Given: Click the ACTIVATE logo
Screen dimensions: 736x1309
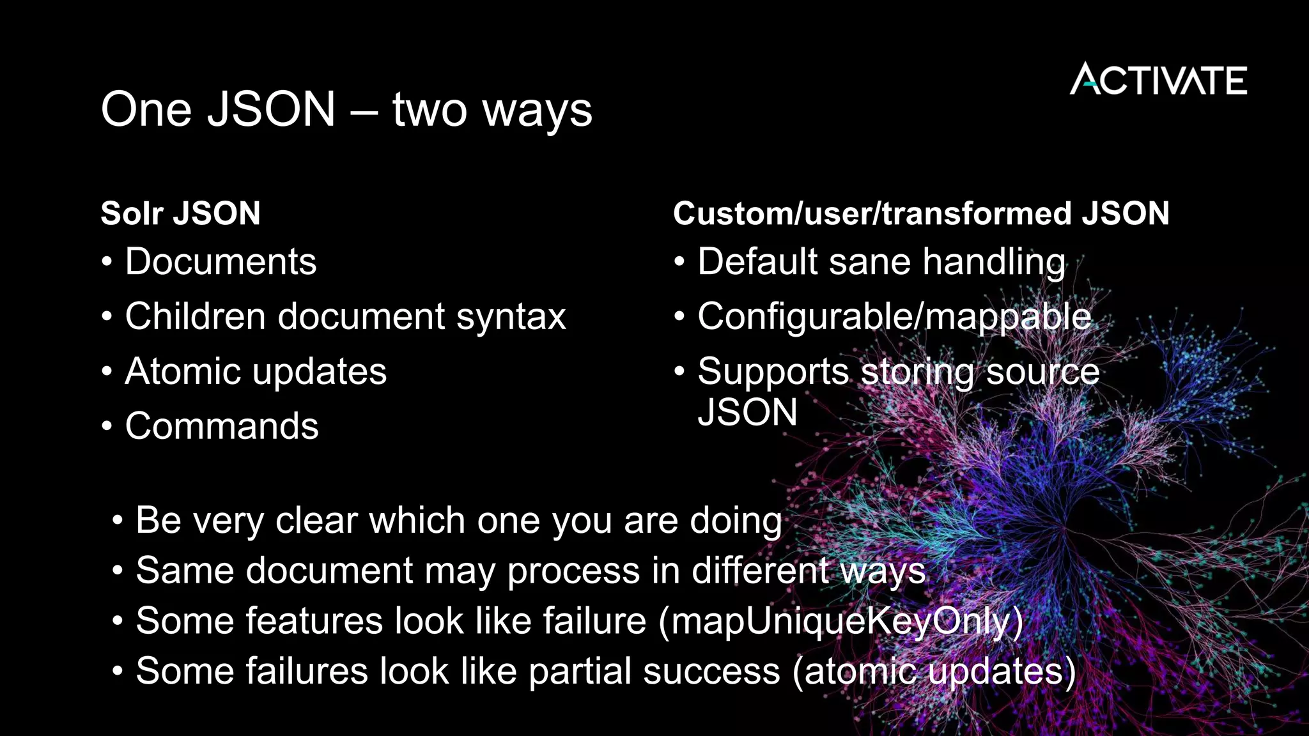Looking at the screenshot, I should pyautogui.click(x=1158, y=79).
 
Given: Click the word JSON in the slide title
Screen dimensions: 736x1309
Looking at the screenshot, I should pyautogui.click(x=272, y=109).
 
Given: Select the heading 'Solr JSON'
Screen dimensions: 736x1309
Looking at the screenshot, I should pyautogui.click(x=180, y=213).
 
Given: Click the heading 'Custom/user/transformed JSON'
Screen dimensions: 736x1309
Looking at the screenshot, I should pyautogui.click(x=920, y=213).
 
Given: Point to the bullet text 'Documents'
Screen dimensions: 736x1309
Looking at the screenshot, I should pyautogui.click(x=221, y=262).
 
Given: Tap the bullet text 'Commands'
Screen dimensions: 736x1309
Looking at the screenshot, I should pyautogui.click(x=221, y=426).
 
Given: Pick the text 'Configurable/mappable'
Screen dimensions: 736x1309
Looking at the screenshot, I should pyautogui.click(x=894, y=318).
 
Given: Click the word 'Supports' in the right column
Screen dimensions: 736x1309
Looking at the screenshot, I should pyautogui.click(x=773, y=372).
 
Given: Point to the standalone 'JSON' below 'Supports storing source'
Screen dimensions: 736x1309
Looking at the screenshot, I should pyautogui.click(x=747, y=412).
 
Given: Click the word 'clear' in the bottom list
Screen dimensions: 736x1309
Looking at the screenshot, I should pyautogui.click(x=316, y=520).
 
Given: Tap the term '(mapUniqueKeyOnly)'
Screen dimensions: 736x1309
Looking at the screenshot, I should pyautogui.click(x=840, y=622).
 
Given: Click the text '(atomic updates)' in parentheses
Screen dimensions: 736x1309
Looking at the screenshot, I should pyautogui.click(x=934, y=672).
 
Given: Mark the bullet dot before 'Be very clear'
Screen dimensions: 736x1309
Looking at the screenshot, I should pyautogui.click(x=117, y=520).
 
